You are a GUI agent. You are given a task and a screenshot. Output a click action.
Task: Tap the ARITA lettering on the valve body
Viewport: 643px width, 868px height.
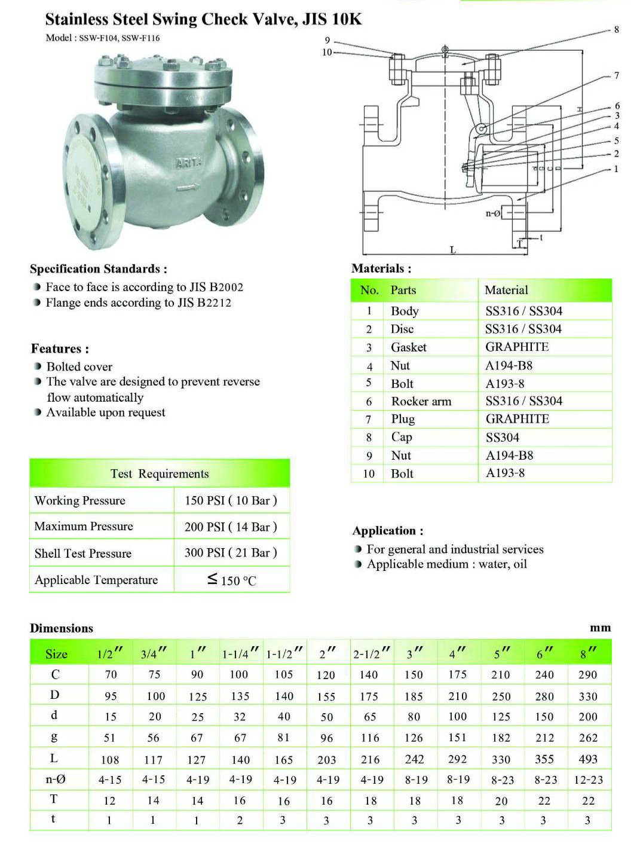(189, 162)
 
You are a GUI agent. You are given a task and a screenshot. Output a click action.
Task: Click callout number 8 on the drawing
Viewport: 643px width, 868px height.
(616, 29)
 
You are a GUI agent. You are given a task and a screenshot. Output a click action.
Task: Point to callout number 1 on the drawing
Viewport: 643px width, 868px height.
(616, 169)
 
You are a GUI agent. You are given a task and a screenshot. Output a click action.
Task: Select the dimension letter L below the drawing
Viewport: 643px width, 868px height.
(452, 249)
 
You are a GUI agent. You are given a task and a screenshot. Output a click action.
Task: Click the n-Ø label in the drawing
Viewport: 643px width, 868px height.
(492, 213)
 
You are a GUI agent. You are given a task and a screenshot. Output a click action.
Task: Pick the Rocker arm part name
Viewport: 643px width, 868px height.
(421, 401)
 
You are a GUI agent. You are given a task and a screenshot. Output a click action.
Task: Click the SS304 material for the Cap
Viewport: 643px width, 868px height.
(502, 438)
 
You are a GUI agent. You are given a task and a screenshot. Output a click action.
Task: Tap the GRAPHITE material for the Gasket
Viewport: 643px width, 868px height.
(517, 347)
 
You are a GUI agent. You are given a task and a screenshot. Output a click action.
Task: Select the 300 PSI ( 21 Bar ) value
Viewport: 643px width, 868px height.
(231, 552)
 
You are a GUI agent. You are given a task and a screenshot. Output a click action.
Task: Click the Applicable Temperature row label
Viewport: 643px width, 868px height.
(96, 580)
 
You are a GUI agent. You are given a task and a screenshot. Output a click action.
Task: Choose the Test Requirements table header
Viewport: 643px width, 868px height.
(160, 474)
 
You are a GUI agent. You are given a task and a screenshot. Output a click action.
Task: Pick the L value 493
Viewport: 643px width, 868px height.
(588, 759)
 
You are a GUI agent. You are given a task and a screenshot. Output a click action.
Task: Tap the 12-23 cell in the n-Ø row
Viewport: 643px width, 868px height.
(589, 780)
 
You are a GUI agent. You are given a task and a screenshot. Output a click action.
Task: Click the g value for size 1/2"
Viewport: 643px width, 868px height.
(110, 738)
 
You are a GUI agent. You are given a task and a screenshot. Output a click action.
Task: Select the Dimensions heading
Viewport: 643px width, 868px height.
(62, 628)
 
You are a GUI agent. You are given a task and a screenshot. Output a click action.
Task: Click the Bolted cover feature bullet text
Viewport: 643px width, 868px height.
(79, 366)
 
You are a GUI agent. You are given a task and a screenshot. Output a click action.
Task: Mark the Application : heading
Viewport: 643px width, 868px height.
(388, 531)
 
